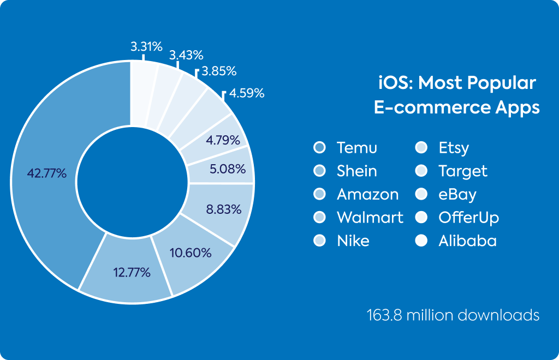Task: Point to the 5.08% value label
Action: (x=228, y=169)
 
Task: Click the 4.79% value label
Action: (x=223, y=140)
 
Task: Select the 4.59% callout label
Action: (x=247, y=93)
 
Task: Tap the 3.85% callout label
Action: (x=219, y=71)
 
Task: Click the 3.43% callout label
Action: (x=186, y=55)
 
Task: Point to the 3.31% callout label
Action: (x=146, y=46)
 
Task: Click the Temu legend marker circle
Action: (x=319, y=147)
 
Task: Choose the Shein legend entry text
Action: (x=357, y=171)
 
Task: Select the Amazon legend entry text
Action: (x=367, y=194)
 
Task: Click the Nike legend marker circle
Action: (x=319, y=241)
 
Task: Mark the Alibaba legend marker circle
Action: (x=421, y=241)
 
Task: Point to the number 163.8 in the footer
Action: (x=385, y=315)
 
